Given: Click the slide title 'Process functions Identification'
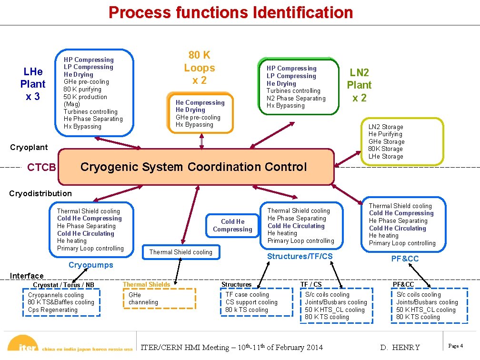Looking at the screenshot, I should pos(231,12).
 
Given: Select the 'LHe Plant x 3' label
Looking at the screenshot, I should pos(33,84).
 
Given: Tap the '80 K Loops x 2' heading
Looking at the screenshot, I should pos(200,68).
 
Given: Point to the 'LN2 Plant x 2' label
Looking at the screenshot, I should pos(359,85).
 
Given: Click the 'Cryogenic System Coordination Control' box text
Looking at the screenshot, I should pos(194,167).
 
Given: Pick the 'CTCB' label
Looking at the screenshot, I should pos(42,168).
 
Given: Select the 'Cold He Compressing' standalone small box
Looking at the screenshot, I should pos(232,225).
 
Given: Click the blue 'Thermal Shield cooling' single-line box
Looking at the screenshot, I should pos(181,252).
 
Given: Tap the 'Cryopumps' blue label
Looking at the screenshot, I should pos(90,265).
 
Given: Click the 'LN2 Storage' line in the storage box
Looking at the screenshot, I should pos(386,127).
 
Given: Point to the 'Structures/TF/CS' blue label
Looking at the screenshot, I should pos(300,257).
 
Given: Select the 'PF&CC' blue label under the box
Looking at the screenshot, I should pos(405,259).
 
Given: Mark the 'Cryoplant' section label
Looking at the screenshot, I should pos(29,147).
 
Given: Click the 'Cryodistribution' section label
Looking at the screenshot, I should pos(41,193).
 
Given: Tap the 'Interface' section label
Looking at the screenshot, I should pos(27,276).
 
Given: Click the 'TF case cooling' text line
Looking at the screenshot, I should pos(247,295).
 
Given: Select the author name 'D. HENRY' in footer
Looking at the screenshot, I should pos(400,347).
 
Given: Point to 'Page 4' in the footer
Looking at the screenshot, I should pos(456,346).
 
